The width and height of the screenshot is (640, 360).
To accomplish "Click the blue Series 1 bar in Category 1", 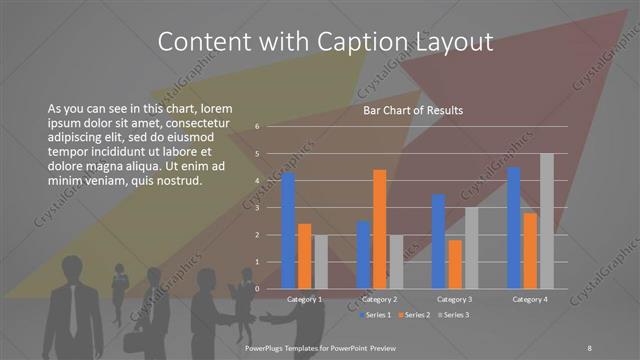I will tap(288, 231).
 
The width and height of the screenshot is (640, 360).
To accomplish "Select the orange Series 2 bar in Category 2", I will tap(379, 229).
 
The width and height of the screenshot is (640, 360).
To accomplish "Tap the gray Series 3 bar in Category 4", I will tap(546, 221).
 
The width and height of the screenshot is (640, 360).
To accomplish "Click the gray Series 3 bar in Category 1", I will tap(320, 262).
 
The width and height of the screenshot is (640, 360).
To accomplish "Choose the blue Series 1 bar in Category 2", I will tap(363, 255).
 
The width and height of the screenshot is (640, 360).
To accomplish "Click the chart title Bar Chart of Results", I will tap(412, 110).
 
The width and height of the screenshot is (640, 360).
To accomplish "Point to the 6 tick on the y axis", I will tap(257, 127).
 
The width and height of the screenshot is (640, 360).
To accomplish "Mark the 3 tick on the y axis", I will tap(257, 208).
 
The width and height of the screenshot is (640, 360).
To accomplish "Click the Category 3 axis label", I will tap(455, 299).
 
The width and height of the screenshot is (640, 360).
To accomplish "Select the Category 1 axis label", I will tap(304, 299).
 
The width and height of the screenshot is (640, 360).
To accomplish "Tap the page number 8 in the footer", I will tap(590, 346).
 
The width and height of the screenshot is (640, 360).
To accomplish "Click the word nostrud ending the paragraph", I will tap(179, 181).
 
